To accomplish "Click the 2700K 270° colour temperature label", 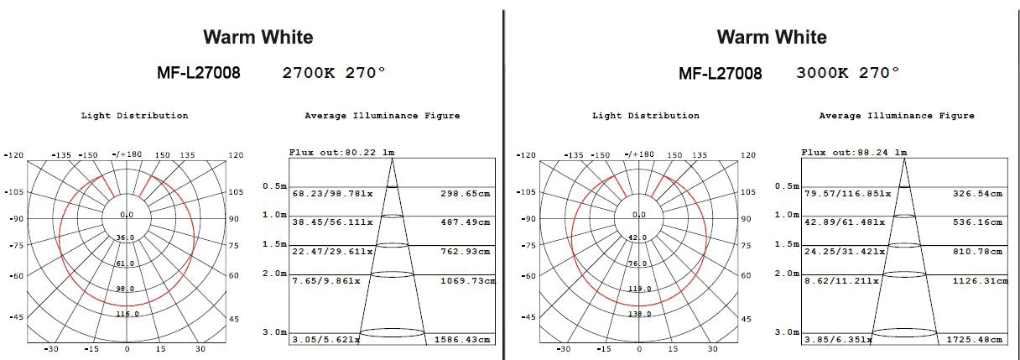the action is pos(334,73).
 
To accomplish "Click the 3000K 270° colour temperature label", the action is pos(848,73).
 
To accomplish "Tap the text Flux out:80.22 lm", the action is pos(341,152).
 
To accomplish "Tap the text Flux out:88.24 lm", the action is pos(854,152).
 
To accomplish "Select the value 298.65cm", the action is pos(465,194).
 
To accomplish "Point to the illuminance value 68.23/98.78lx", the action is pos(332,194).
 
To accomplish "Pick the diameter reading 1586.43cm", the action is pos(462,340).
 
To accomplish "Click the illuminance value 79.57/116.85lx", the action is pos(847,194).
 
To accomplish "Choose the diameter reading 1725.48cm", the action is pos(975,340).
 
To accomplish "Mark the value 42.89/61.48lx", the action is pos(845,222).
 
